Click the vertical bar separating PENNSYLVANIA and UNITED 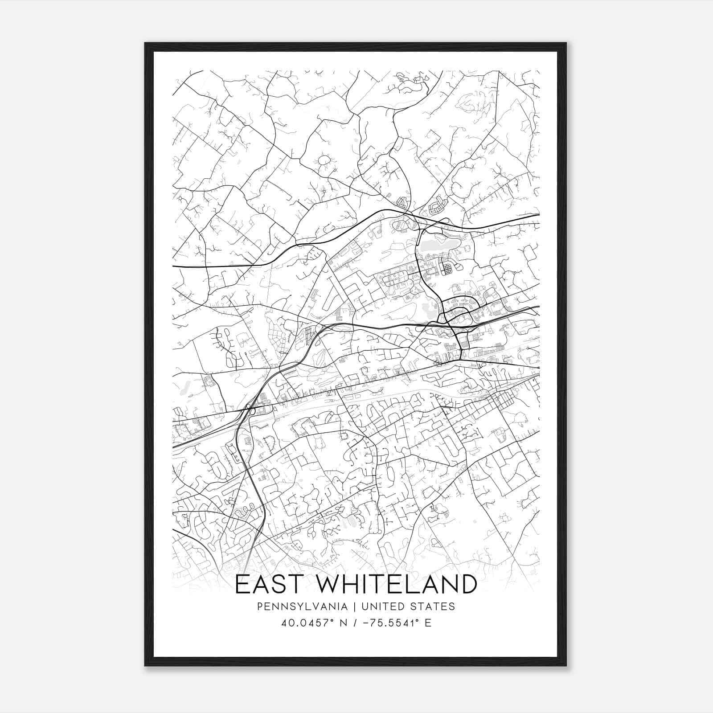click(355, 606)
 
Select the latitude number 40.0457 click(300, 623)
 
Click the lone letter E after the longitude click(428, 623)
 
